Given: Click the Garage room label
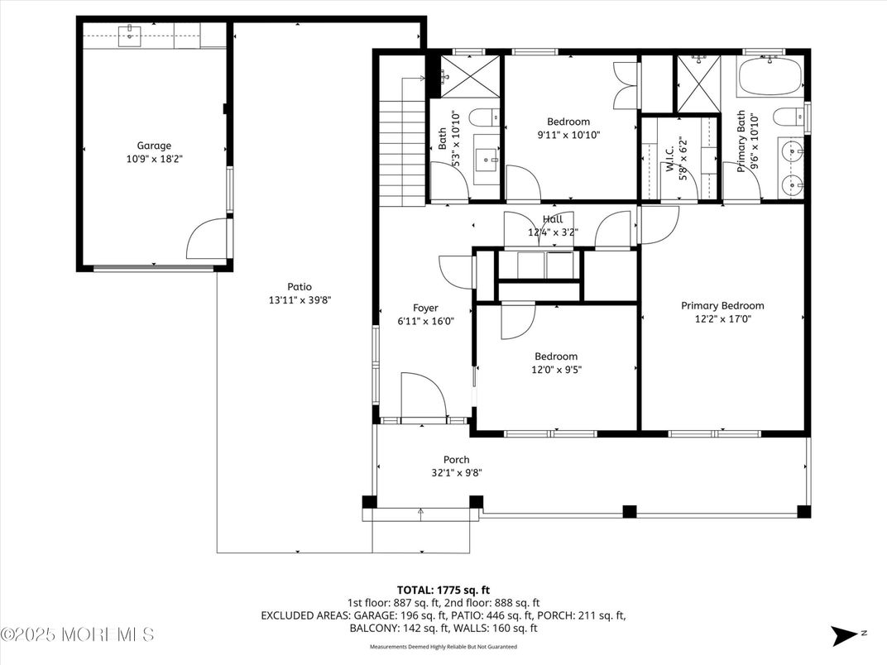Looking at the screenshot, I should [x=154, y=146].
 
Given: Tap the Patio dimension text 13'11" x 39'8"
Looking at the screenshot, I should [x=300, y=300].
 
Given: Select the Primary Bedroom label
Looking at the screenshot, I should [x=722, y=305].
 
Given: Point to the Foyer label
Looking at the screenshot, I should [x=425, y=308].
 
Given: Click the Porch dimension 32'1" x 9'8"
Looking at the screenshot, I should [x=456, y=473].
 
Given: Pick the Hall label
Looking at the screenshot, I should [x=553, y=219].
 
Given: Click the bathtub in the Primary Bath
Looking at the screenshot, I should [x=770, y=77].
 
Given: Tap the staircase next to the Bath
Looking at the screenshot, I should [x=402, y=153].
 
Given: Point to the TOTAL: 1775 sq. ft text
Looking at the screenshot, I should [x=443, y=590].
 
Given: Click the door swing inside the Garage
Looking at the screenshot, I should [x=205, y=240].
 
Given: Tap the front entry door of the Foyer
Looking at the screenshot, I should [x=424, y=397].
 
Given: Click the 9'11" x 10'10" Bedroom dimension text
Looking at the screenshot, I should [x=568, y=135].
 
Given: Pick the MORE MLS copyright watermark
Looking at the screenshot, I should [x=77, y=635].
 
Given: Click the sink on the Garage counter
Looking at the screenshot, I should [x=129, y=35].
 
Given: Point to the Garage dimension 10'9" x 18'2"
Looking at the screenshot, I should [x=154, y=158].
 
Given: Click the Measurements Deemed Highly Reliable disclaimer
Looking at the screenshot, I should [x=443, y=647].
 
